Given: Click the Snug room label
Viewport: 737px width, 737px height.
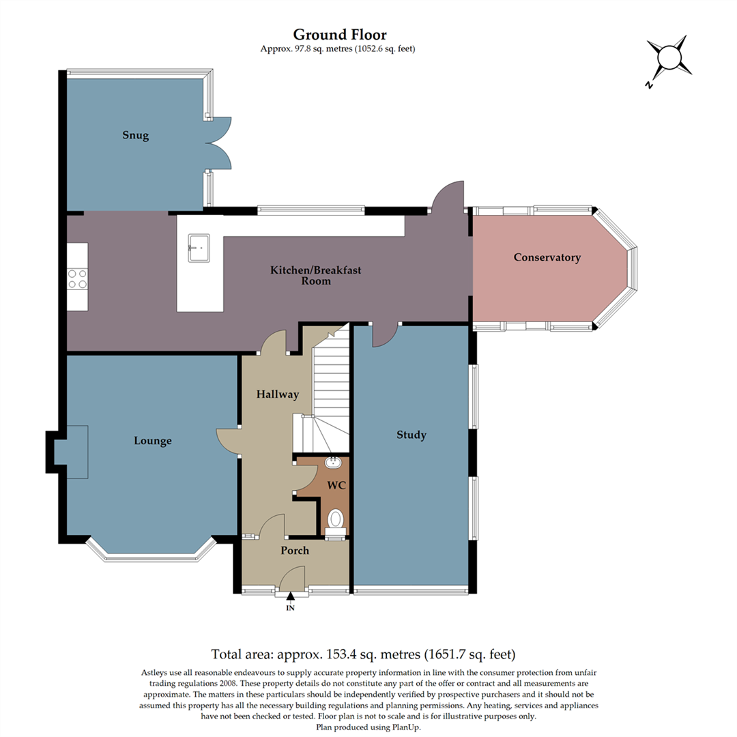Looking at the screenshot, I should coord(136,135).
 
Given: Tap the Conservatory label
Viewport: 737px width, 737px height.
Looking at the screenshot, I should coord(547,257).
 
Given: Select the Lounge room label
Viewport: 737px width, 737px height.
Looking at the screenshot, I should coord(153,441).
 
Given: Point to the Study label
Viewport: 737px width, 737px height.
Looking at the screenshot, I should coord(411,435).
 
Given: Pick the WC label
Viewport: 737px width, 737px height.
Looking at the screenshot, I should coord(334,485).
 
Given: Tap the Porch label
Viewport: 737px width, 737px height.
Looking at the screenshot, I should coord(295,550).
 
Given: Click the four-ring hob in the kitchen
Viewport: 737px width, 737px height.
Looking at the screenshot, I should coord(77,278).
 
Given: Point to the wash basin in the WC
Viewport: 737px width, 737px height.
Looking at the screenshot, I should coord(334,463).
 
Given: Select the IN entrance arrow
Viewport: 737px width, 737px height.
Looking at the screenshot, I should coord(290,598).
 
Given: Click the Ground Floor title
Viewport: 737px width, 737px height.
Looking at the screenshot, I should coord(340,34).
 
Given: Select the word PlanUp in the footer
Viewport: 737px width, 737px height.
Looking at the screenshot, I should coord(405,727).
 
